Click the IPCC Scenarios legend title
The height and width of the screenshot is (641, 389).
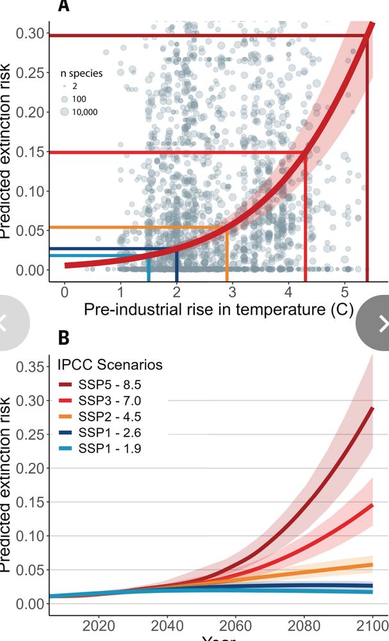coord(108,365)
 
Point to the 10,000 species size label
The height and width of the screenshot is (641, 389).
coord(94,112)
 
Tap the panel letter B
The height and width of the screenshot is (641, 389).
coord(63,338)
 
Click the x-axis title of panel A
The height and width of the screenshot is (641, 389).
coord(219,310)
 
